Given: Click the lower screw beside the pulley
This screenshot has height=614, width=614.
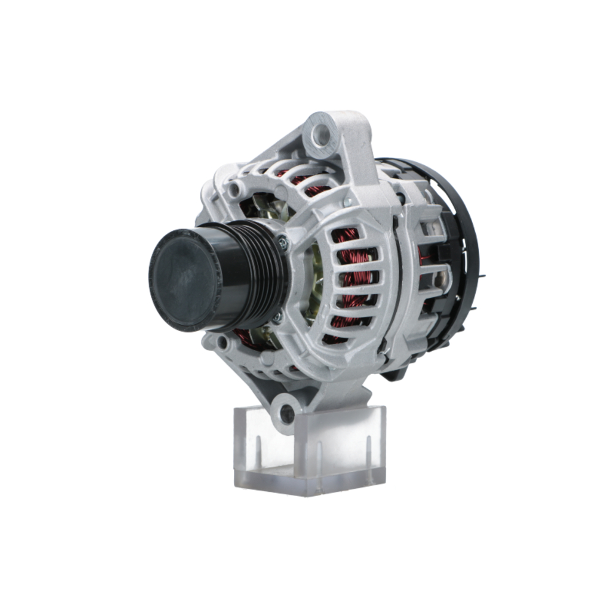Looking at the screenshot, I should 278,317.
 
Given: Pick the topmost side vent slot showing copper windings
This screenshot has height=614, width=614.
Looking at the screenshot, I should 345,236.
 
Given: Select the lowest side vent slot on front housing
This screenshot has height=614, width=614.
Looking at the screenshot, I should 339,336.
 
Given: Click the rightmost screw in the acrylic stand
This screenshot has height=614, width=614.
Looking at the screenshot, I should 367,451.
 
